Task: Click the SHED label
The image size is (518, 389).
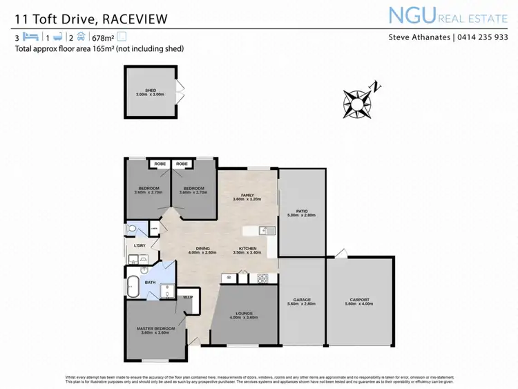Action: point(150,91)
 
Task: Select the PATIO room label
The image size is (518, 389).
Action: point(301,212)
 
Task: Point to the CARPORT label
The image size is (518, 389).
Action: point(362,299)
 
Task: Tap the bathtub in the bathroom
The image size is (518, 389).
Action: point(133,285)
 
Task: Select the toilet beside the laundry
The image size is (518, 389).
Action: point(131,229)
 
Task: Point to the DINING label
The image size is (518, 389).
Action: point(202,249)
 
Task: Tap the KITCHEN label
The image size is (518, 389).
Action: point(248,249)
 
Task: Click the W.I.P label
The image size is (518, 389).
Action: point(188,298)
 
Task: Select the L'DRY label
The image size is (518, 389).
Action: point(140,245)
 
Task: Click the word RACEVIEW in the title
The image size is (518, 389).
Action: point(131,19)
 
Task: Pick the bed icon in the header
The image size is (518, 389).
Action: point(29,37)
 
